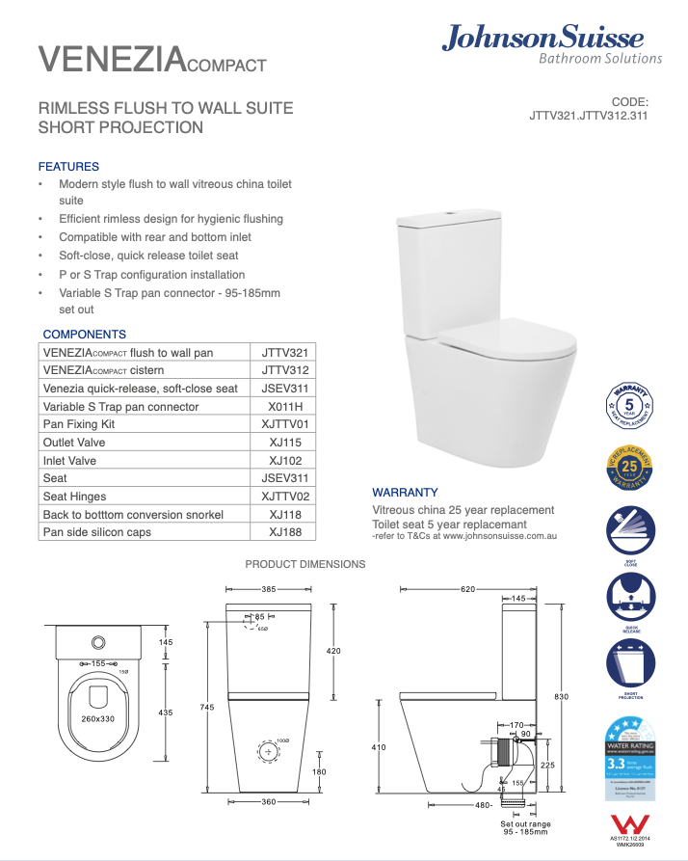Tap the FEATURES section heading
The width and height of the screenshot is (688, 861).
68,167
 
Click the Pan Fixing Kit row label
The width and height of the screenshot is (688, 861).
79,424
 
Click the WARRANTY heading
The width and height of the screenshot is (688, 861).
405,492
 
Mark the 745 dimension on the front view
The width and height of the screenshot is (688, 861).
206,708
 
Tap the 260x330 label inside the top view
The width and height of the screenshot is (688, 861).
97,718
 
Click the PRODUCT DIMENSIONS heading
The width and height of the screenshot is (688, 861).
305,564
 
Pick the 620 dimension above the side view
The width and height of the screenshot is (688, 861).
468,588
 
